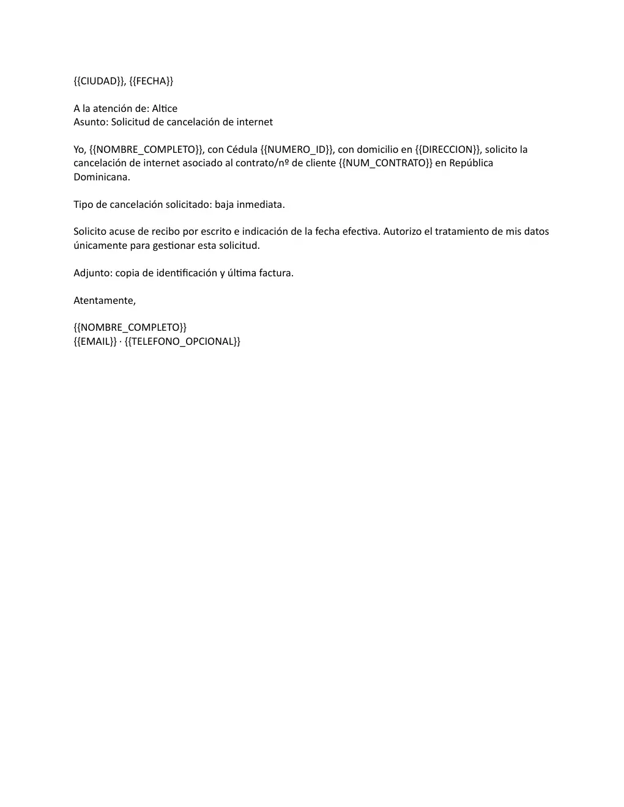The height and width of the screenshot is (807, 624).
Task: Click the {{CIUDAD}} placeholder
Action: [99, 81]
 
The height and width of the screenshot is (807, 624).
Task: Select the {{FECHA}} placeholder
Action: [151, 81]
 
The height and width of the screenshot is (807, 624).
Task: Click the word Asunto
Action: [89, 122]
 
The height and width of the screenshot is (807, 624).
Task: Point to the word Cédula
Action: [242, 150]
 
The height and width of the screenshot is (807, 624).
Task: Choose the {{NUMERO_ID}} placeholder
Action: [297, 150]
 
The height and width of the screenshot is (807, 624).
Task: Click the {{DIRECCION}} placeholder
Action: [447, 150]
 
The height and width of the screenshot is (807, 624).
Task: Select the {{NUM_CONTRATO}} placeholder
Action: [385, 163]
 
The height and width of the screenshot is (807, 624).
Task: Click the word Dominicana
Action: [101, 177]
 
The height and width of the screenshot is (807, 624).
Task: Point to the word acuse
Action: [121, 232]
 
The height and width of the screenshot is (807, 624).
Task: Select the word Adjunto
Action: [92, 273]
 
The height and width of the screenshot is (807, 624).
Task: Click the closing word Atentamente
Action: [103, 301]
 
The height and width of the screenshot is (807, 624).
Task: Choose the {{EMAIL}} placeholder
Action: [95, 342]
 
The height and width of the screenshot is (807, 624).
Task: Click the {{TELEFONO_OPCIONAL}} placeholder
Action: [182, 342]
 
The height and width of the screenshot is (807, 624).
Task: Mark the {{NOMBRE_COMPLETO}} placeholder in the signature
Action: [130, 328]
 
